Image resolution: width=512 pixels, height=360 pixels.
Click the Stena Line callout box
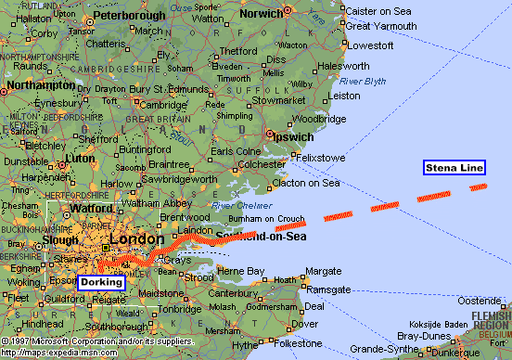454,168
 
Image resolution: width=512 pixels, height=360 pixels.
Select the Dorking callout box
108,281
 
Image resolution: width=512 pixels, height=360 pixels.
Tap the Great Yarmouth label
382,25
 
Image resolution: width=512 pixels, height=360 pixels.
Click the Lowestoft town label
369,45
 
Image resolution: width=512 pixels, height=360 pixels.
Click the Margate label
324,271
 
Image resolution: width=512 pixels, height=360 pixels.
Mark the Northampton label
38,85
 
